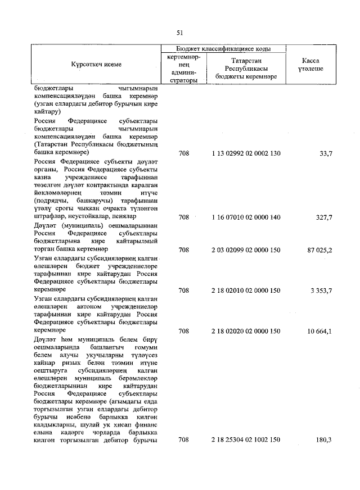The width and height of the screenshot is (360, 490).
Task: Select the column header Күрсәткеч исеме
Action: coord(96,65)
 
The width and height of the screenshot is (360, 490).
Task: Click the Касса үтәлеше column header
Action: coord(310,64)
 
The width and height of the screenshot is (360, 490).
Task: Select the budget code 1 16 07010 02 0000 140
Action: coord(246,217)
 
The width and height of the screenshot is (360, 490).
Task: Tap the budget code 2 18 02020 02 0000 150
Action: coord(246,331)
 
